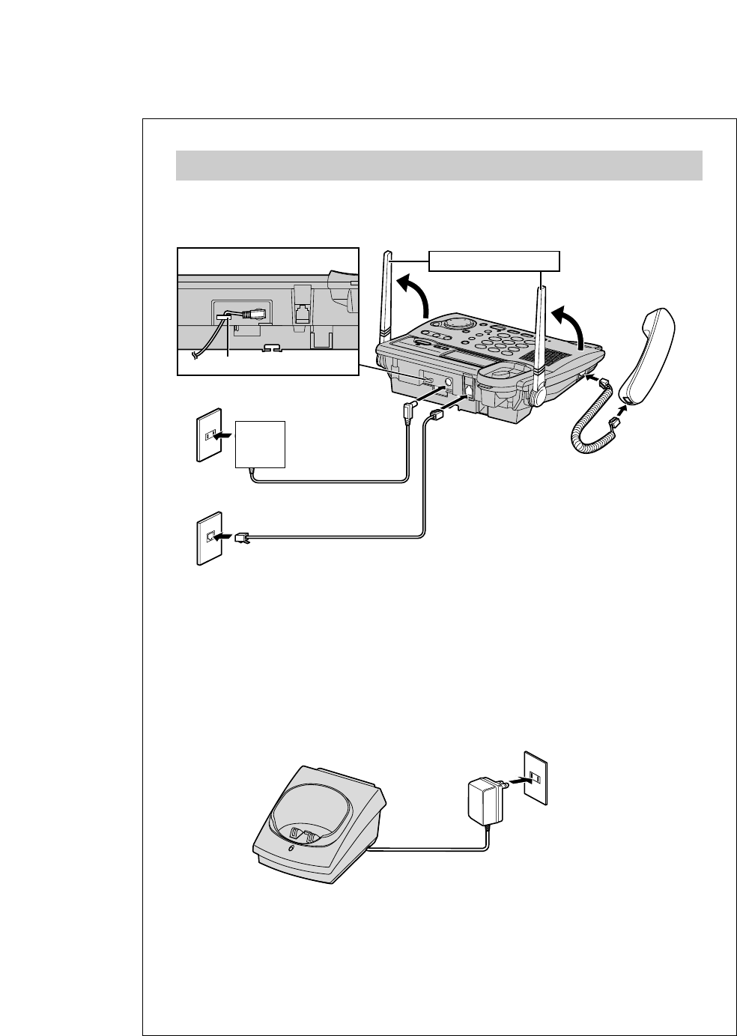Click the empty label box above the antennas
(494, 261)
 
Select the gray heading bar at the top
(439, 166)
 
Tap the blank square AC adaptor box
(260, 444)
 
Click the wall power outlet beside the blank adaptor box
(210, 434)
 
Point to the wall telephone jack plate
(210, 538)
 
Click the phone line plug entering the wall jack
(242, 536)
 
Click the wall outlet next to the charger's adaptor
(536, 778)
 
